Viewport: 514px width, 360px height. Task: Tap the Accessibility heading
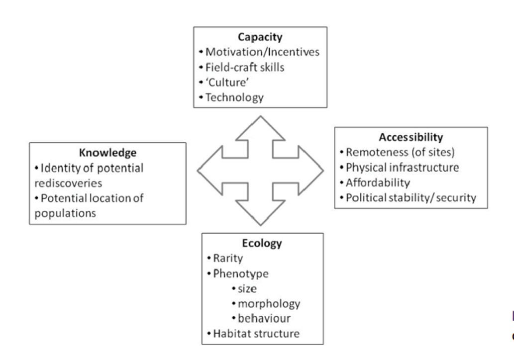pyautogui.click(x=411, y=137)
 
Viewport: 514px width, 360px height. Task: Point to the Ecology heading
pyautogui.click(x=262, y=244)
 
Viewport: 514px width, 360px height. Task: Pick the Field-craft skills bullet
pyautogui.click(x=241, y=67)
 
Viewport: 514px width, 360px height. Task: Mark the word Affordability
pyautogui.click(x=378, y=182)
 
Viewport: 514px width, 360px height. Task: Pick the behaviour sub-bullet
pyautogui.click(x=264, y=318)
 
